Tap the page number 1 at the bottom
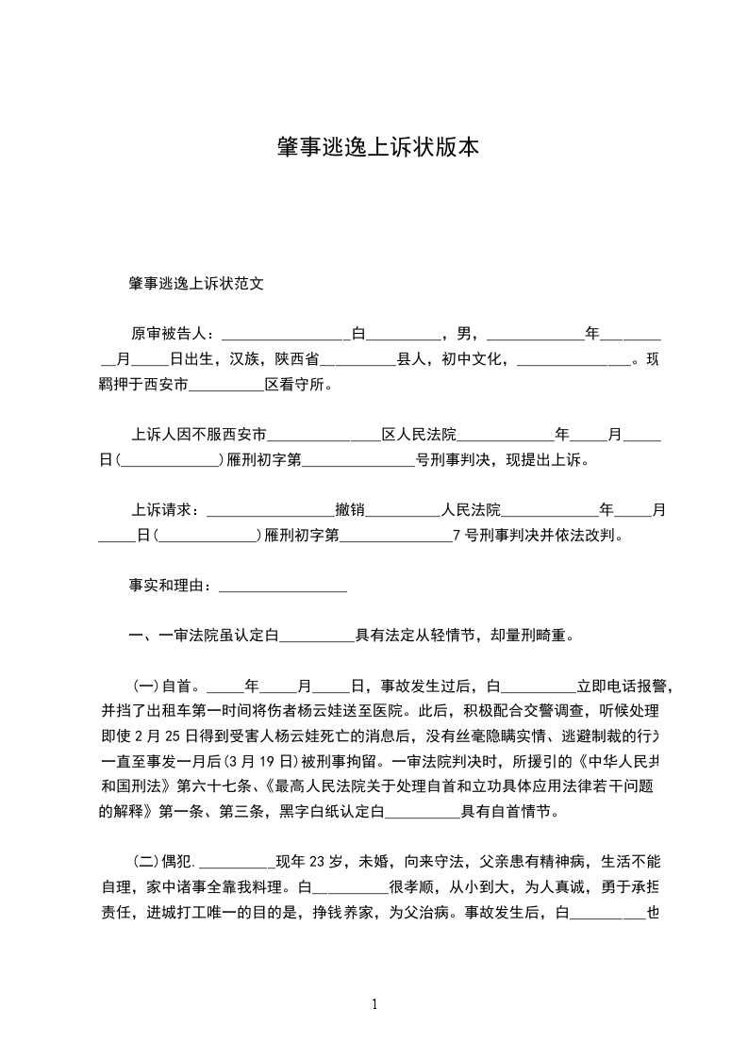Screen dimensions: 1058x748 pyautogui.click(x=374, y=1003)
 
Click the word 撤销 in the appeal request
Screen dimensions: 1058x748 pyautogui.click(x=350, y=510)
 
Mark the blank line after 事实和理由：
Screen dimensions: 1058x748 pyautogui.click(x=283, y=588)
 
